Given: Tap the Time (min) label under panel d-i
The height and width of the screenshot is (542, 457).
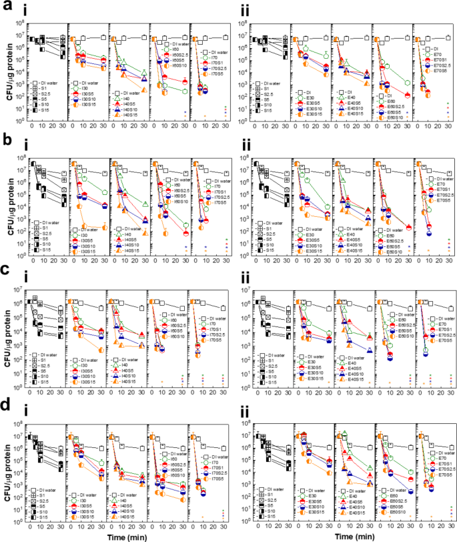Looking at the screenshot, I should pos(127,536).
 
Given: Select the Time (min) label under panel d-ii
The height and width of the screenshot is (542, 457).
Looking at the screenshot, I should pos(354,536).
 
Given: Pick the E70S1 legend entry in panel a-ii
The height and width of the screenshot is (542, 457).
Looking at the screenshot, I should pos(435,57).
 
